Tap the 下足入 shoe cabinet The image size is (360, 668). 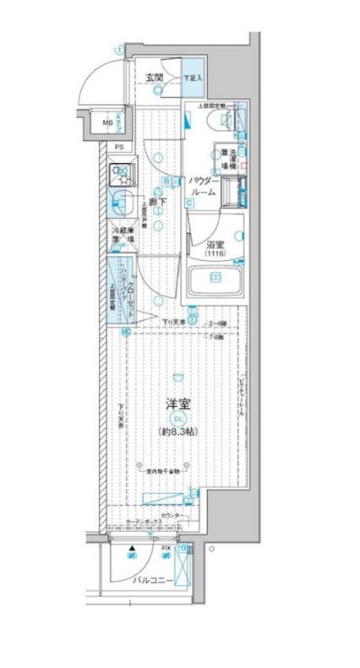pyautogui.click(x=194, y=79)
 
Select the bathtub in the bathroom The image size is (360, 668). pyautogui.click(x=215, y=279)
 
